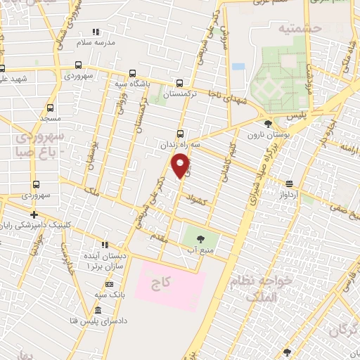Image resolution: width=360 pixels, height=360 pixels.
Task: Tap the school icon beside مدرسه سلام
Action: click(x=96, y=32)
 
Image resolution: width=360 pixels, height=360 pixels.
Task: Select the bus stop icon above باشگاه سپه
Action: click(x=133, y=73)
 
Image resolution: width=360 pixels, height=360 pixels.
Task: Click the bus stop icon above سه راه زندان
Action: click(x=180, y=134)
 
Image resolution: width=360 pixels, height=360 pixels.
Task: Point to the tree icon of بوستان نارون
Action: click(x=268, y=124)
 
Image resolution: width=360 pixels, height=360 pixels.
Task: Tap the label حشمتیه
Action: click(x=279, y=30)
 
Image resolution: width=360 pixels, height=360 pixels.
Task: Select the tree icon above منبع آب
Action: click(x=201, y=238)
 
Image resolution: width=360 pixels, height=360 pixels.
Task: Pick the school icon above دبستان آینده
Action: click(x=105, y=245)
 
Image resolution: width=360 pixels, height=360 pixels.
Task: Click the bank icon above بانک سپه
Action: click(x=109, y=283)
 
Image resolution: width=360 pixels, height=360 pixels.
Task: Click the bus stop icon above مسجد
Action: click(x=50, y=108)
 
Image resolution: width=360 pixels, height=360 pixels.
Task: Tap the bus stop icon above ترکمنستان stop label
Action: click(x=180, y=82)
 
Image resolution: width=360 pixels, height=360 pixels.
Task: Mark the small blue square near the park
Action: click(x=238, y=67)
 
